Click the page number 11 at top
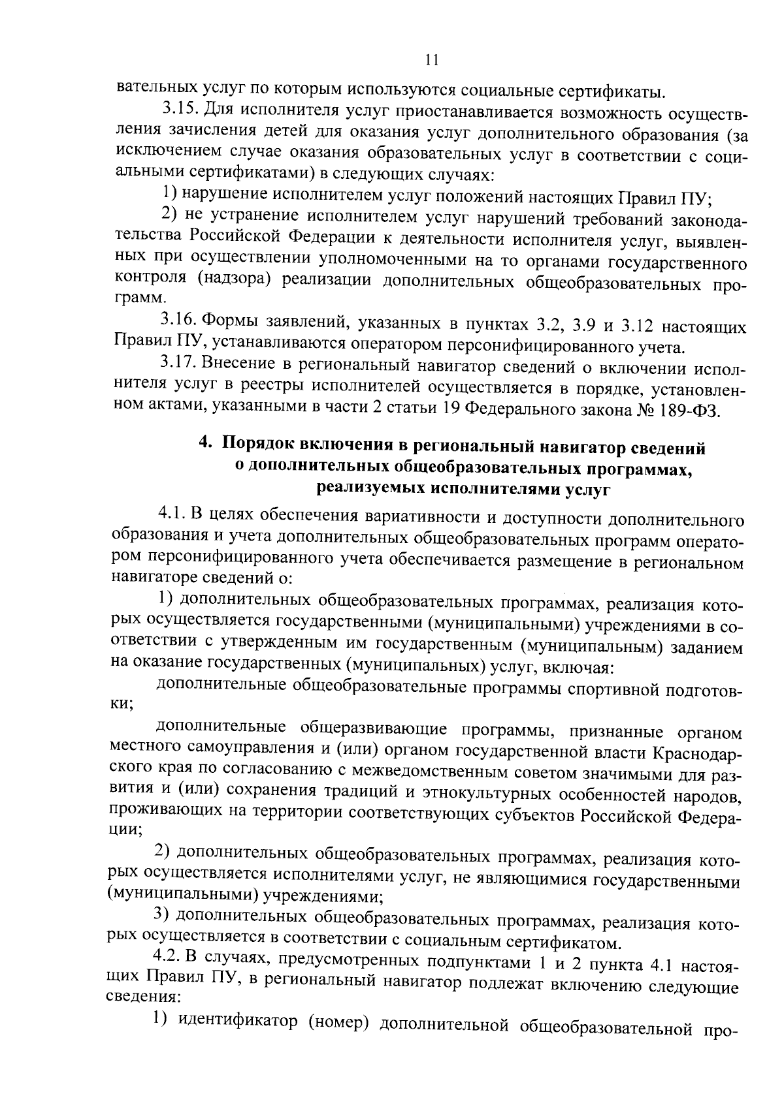tap(431, 60)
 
